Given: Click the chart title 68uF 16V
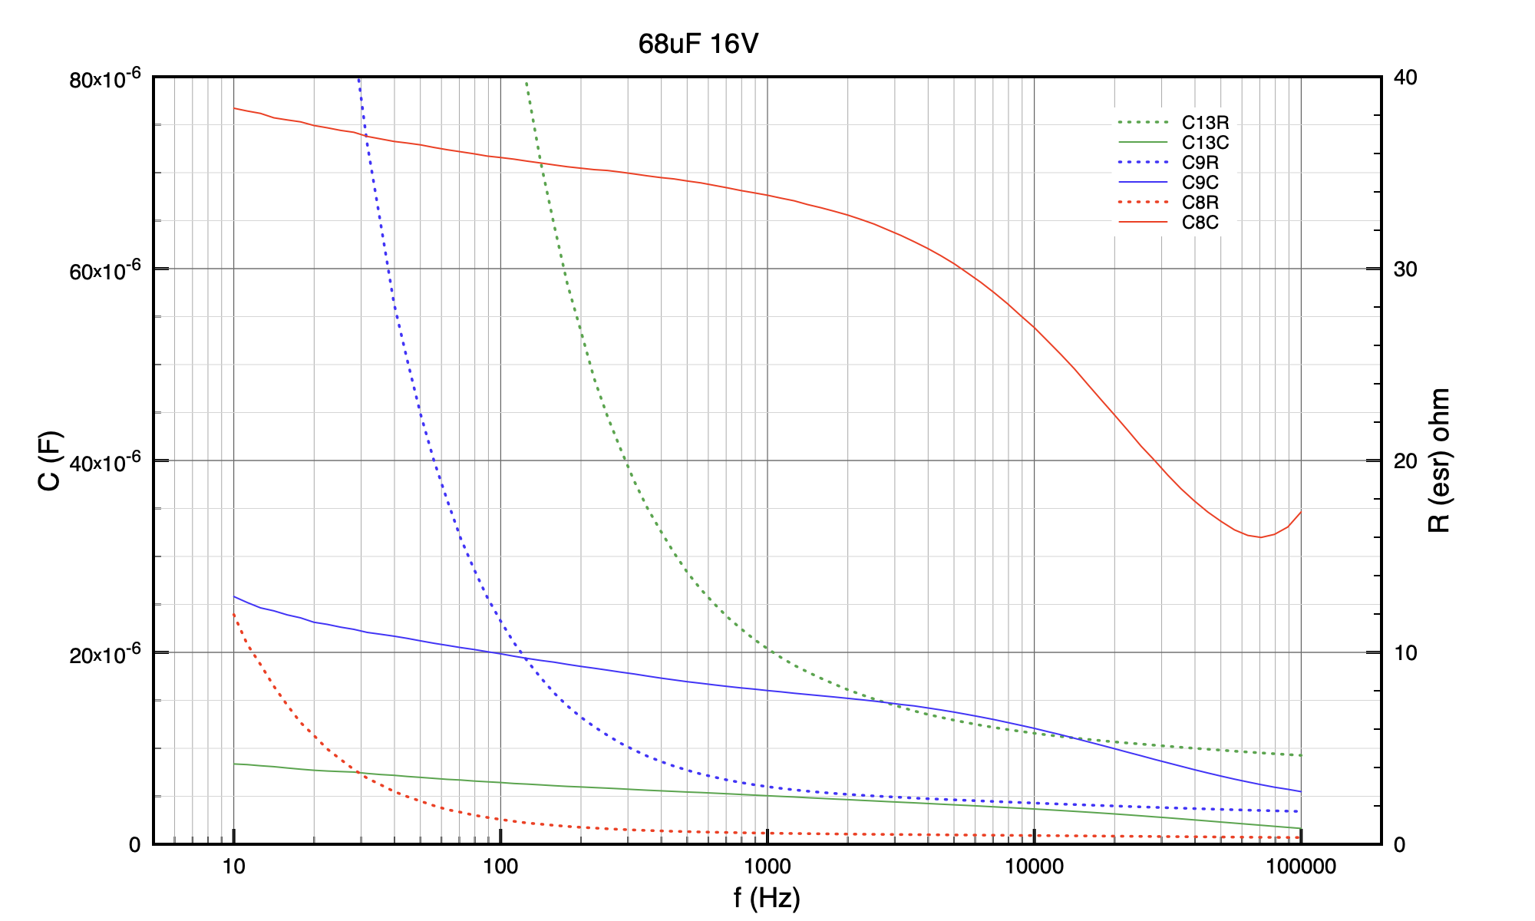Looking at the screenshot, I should click(x=698, y=44).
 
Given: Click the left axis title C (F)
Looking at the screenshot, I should click(x=50, y=460).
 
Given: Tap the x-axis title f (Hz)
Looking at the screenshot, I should click(x=767, y=897).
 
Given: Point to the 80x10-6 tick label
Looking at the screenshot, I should click(x=105, y=79).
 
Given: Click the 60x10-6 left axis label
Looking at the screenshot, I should click(x=105, y=271).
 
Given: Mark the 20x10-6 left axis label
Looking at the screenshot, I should click(x=105, y=655).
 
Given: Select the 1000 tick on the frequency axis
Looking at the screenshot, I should click(x=767, y=867).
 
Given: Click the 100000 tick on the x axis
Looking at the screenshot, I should click(x=1300, y=867).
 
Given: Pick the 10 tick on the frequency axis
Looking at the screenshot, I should click(x=233, y=867).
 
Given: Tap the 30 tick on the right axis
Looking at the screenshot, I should click(x=1405, y=269).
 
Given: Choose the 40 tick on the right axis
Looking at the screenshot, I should click(x=1405, y=78).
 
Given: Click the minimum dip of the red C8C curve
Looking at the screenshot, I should click(x=1259, y=537).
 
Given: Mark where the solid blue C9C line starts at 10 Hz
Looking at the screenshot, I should click(x=234, y=596).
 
